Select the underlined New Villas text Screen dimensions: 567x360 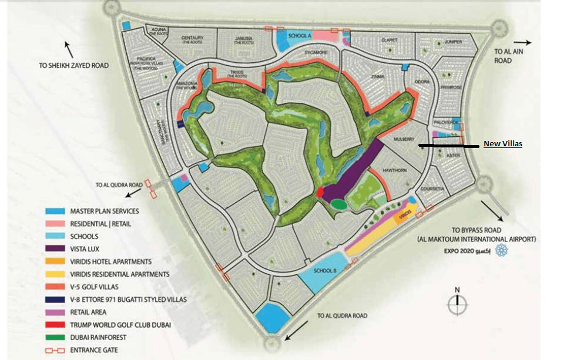pyautogui.click(x=503, y=144)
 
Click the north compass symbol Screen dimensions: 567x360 pyautogui.click(x=457, y=304)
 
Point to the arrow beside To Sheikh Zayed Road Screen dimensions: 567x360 pyautogui.click(x=69, y=48)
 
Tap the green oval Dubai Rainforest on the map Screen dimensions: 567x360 pyautogui.click(x=338, y=204)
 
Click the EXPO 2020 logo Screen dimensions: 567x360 pyautogui.click(x=501, y=251)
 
